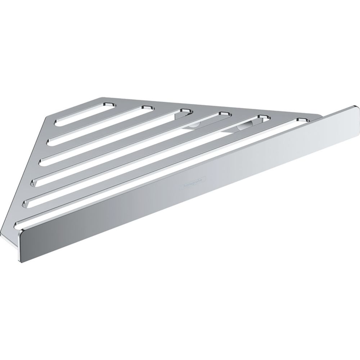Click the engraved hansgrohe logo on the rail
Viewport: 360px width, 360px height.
193,182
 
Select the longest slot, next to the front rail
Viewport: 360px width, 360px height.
158,173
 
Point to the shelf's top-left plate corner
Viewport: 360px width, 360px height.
100,98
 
